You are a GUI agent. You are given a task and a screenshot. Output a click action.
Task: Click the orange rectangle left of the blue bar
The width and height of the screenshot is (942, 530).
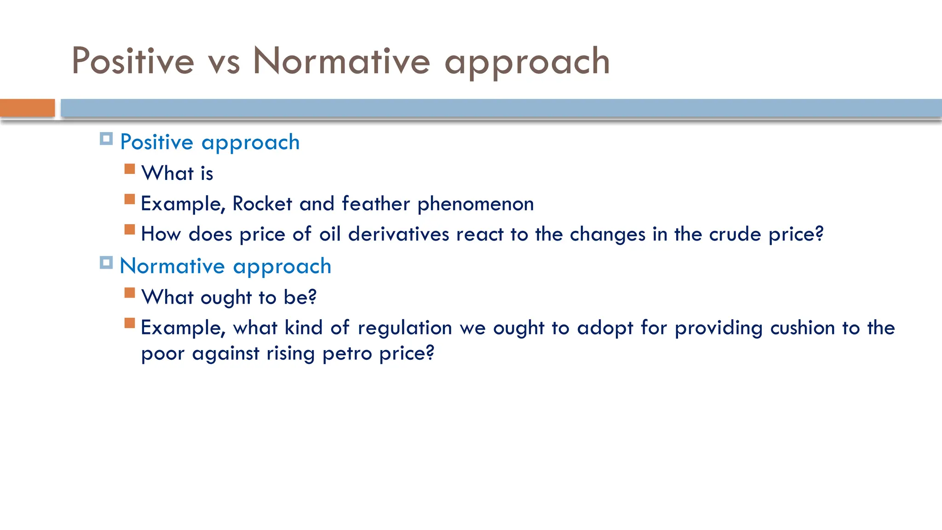[x=27, y=108]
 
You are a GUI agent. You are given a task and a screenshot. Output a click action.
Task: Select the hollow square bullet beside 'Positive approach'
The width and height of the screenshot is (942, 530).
[x=106, y=138]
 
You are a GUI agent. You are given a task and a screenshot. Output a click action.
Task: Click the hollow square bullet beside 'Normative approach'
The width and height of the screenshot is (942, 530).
[x=106, y=263]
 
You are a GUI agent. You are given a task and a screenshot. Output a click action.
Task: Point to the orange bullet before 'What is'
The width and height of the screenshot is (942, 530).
[x=130, y=169]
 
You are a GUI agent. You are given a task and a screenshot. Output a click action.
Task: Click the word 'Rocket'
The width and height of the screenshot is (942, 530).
[x=262, y=204]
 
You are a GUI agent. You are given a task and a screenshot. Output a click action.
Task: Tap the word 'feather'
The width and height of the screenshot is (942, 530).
[x=376, y=204]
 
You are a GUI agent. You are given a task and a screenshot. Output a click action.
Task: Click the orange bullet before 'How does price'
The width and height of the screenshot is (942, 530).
[x=130, y=229]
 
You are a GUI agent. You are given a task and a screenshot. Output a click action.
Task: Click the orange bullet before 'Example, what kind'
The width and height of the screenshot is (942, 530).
[x=130, y=323]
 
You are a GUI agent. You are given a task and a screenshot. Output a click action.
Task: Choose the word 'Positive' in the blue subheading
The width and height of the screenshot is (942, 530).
[x=156, y=142]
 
